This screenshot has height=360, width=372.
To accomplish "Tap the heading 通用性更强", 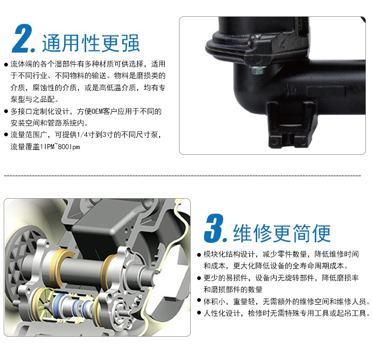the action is (x=91, y=43).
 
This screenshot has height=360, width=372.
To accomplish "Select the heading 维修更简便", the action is (x=282, y=233).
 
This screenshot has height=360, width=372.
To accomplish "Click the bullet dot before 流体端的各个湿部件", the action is (x=6, y=65).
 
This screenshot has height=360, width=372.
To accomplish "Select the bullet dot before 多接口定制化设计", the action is (x=6, y=112).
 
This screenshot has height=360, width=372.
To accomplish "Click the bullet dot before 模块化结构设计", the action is (x=199, y=255).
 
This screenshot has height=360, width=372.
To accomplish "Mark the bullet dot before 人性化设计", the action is (x=199, y=313).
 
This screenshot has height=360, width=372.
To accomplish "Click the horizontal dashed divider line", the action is (x=182, y=176).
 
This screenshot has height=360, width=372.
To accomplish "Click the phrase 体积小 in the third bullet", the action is (x=214, y=301).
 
